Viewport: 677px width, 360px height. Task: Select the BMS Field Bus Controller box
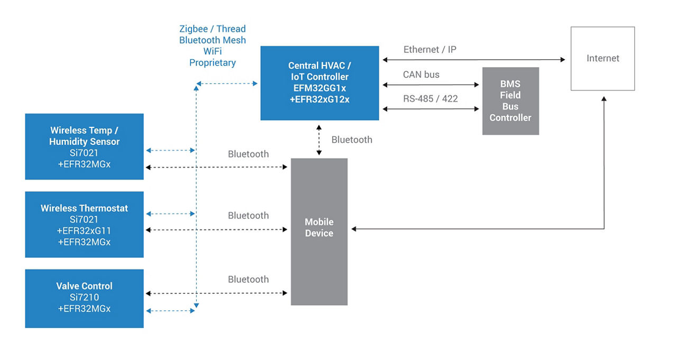pos(510,101)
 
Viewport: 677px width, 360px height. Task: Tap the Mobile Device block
pos(319,232)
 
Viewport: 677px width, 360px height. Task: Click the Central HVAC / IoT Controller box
pos(319,83)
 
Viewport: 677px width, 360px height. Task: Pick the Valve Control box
pos(84,298)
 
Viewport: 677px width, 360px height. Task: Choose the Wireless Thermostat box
pos(84,224)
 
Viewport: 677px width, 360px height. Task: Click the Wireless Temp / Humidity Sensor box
pos(84,146)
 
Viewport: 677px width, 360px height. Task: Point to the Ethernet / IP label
pos(430,50)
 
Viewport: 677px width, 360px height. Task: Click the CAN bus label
pos(421,75)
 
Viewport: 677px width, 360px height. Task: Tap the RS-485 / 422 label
pos(431,99)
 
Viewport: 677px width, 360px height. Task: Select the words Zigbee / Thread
pos(213,29)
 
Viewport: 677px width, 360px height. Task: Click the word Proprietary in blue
pos(213,63)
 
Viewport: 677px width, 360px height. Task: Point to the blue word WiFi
pos(213,51)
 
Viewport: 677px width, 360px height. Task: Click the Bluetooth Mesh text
pos(213,40)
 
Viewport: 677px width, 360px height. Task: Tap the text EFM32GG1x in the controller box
pos(319,88)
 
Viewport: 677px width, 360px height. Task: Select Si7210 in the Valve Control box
pos(84,298)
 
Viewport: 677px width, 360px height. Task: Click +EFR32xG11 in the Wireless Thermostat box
pos(84,231)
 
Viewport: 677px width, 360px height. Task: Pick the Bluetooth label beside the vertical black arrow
pos(352,140)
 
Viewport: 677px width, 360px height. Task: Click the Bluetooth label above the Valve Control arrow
pos(248,280)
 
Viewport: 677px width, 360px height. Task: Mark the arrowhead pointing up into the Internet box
pos(604,99)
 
